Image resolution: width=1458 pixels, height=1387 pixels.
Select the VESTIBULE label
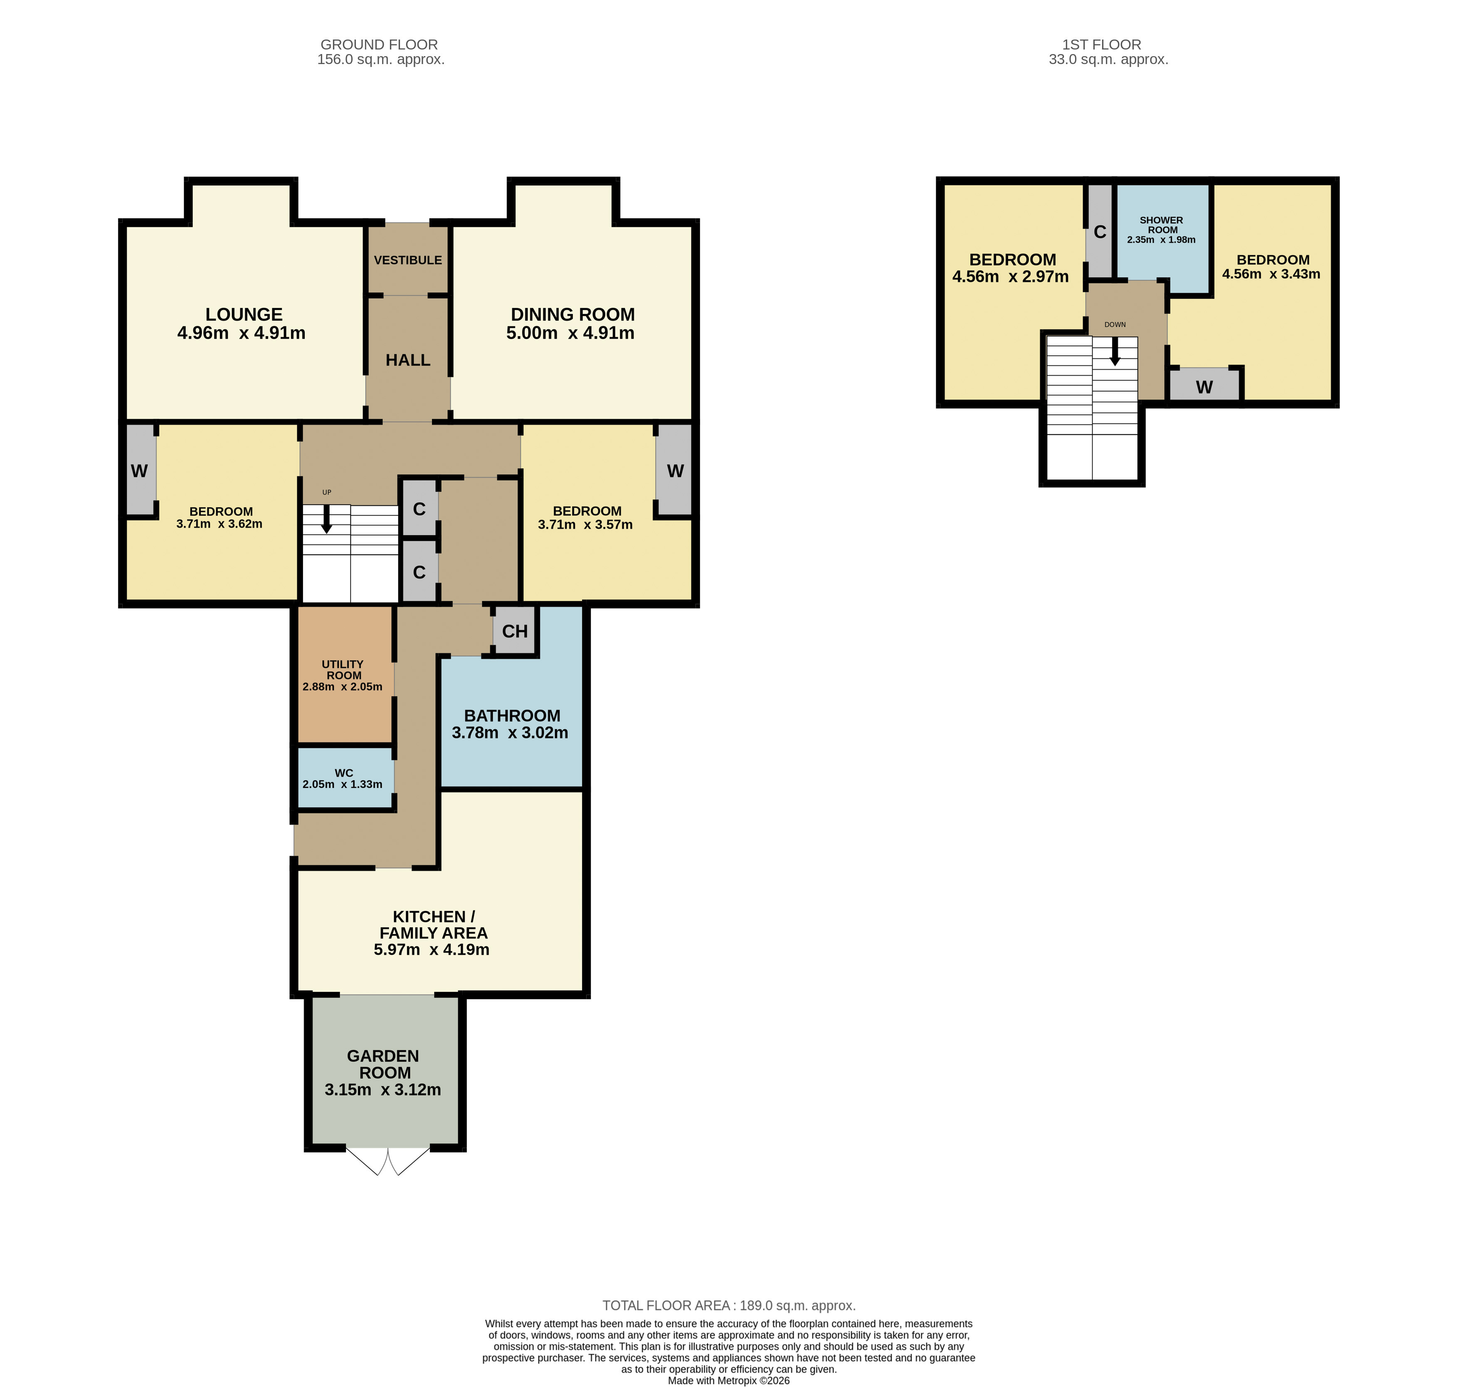coord(408,260)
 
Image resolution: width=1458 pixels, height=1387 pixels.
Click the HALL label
coord(408,360)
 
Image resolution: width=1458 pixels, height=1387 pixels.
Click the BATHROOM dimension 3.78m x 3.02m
coord(510,733)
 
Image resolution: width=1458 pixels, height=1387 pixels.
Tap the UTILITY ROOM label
coord(343,670)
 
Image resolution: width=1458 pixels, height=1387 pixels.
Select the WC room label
coord(344,773)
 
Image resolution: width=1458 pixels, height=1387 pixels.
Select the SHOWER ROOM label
coord(1162,225)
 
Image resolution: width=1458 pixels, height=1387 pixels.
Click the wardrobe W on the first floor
coord(1204,386)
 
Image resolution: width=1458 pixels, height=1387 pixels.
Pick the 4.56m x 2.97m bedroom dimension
coord(1010,277)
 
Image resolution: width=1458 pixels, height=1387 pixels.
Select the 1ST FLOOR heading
coord(1102,45)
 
